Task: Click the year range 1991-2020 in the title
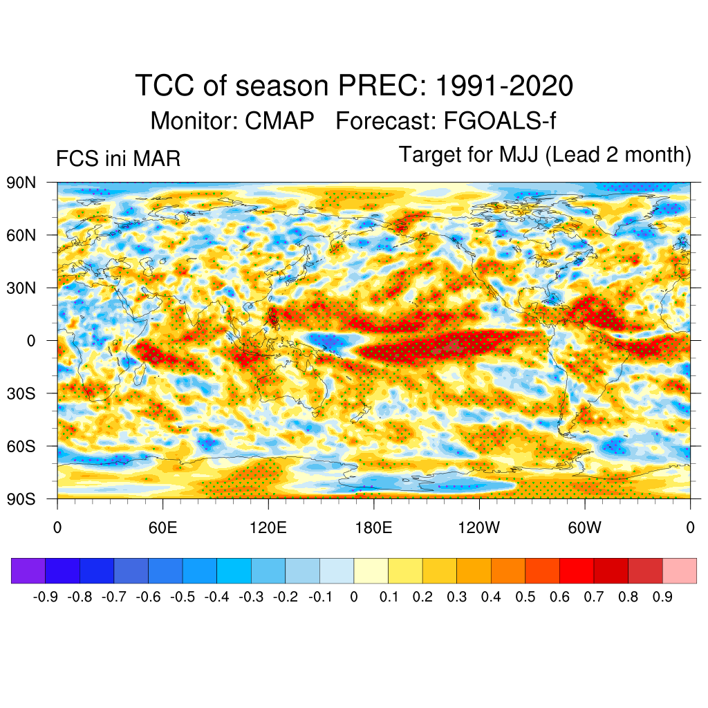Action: coord(505,86)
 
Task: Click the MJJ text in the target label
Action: coord(519,155)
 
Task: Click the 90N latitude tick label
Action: coord(23,183)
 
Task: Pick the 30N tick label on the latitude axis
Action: coord(23,288)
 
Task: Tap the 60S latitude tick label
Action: coord(23,446)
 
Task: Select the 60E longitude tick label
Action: coord(162,529)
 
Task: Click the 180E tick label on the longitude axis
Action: coord(373,529)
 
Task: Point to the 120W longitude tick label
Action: coord(479,529)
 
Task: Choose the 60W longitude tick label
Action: coord(585,529)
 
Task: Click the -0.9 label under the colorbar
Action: coord(46,597)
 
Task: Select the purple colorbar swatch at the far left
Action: coord(28,570)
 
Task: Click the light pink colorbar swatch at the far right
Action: coord(680,570)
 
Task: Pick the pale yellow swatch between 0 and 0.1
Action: coord(371,570)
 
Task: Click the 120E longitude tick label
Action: coord(268,529)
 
